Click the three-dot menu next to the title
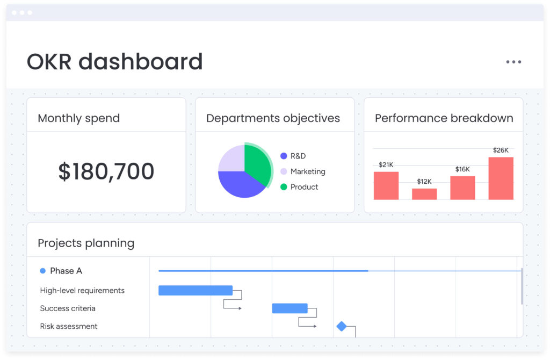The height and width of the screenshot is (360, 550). click(x=513, y=62)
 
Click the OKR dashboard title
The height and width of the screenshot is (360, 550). click(x=114, y=62)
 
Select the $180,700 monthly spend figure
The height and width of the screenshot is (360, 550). click(x=106, y=171)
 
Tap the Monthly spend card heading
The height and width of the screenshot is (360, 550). click(x=79, y=118)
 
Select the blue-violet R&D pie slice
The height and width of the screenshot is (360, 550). click(x=239, y=184)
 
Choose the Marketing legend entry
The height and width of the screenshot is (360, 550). click(x=308, y=171)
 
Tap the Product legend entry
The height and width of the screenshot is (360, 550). click(x=304, y=187)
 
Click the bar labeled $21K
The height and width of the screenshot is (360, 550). click(x=386, y=185)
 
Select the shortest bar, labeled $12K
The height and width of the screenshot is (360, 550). click(x=424, y=194)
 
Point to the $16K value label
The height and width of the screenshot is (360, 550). click(x=462, y=169)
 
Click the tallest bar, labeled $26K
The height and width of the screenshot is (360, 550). click(x=501, y=178)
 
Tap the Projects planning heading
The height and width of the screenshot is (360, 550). click(x=86, y=243)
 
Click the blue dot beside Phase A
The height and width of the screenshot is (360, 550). click(x=43, y=271)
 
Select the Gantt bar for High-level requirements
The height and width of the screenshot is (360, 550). click(x=196, y=291)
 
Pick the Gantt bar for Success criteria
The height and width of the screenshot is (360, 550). click(x=290, y=308)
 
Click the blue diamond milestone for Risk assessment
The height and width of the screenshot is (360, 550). click(x=342, y=326)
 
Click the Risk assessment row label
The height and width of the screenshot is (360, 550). click(x=69, y=326)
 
